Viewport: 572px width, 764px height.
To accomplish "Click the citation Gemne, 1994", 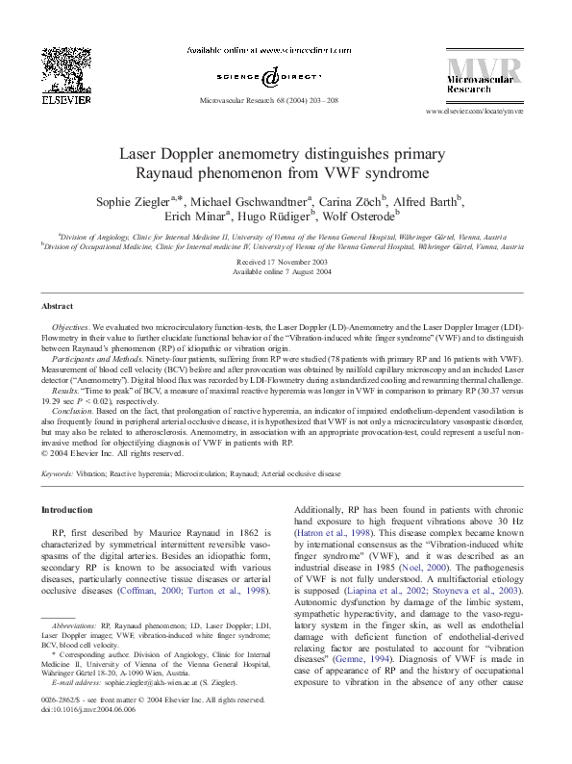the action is pos(363,649).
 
